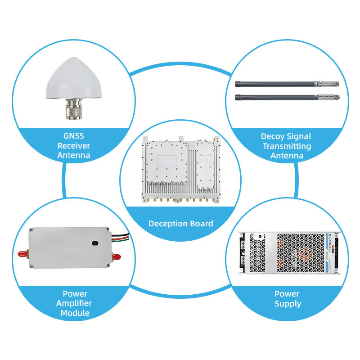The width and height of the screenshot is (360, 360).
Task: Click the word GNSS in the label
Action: [x=73, y=136]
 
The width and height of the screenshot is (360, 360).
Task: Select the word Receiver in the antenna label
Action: [x=73, y=146]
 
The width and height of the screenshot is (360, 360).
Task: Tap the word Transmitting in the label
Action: [x=287, y=146]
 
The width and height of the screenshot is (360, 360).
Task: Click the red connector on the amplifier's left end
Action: [x=22, y=254]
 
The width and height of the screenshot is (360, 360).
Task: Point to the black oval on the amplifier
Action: [x=95, y=243]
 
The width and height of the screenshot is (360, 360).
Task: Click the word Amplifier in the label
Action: [x=73, y=303]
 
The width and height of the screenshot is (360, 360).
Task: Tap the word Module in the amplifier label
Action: [x=73, y=313]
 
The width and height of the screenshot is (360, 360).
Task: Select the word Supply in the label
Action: [x=287, y=304]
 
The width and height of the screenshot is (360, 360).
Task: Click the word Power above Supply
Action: [x=287, y=294]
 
